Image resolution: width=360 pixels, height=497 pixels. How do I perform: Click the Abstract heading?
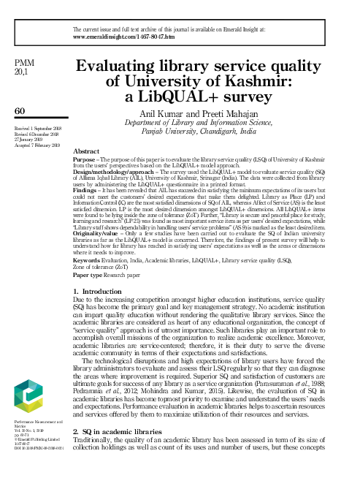[x=87, y=150]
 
